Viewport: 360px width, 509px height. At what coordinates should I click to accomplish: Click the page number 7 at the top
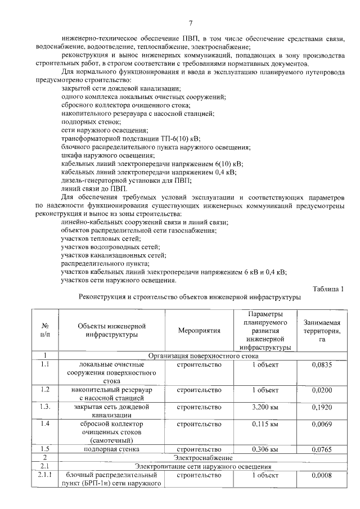pos(191,23)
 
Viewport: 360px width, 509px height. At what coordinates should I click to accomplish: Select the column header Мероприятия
pos(199,331)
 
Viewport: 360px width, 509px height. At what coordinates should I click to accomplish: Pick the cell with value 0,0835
pos(322,364)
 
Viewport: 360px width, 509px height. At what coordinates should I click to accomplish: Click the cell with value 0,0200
pos(322,390)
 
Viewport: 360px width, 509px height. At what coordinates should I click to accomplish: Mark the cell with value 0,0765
pos(322,449)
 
